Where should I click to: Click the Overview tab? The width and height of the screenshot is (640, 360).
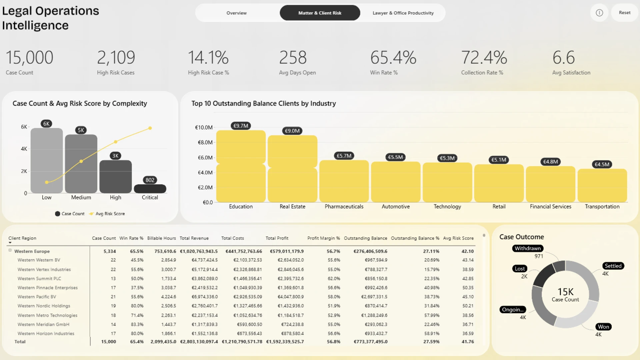coord(237,13)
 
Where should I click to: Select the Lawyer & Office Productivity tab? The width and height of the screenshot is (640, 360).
coord(403,13)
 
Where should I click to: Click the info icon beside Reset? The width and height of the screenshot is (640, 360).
coord(599,13)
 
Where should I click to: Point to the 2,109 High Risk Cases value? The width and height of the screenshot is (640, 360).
coord(116,57)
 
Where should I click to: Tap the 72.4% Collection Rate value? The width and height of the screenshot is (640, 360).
coord(484,57)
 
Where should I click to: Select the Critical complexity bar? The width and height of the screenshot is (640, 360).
coord(150,189)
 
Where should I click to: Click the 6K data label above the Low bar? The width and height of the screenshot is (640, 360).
coord(46,124)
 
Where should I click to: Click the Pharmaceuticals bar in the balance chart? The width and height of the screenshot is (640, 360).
coord(344,181)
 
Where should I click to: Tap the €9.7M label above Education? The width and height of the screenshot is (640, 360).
coord(241,126)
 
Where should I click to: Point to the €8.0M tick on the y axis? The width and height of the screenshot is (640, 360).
coord(205,142)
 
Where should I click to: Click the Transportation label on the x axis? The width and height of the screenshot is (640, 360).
coord(602,207)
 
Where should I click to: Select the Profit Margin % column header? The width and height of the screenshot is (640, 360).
coord(323,238)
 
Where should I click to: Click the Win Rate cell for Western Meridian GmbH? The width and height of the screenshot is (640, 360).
coord(137,324)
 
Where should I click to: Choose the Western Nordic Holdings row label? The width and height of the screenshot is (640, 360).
coord(44,306)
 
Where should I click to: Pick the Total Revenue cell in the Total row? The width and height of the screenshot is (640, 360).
coord(199,342)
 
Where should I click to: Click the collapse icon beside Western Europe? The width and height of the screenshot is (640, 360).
coord(10,250)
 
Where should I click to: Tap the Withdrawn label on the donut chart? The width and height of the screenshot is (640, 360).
coord(528,248)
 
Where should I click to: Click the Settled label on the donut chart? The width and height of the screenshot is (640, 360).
coord(613,266)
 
